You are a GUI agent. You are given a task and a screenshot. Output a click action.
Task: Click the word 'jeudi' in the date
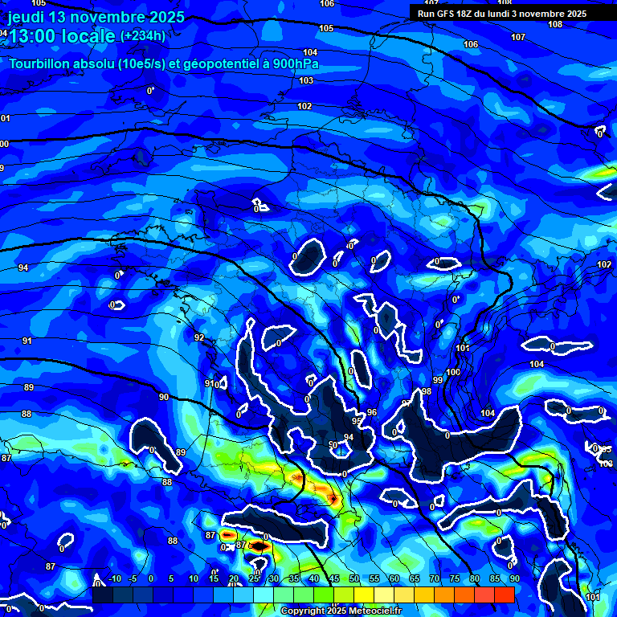tap(27, 18)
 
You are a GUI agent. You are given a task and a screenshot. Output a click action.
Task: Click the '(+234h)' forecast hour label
tap(143, 36)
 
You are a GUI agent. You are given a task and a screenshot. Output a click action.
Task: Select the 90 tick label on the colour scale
tap(514, 579)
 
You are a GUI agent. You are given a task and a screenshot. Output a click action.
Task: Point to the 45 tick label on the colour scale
tap(333, 579)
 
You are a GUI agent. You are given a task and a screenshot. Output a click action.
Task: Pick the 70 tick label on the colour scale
tap(434, 579)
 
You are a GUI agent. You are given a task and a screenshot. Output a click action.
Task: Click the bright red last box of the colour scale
tap(504, 595)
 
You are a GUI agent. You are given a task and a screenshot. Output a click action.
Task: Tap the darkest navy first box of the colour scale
tap(102, 595)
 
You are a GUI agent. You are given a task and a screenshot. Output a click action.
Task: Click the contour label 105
tap(326, 28)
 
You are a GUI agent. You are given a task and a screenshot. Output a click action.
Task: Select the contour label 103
tap(306, 81)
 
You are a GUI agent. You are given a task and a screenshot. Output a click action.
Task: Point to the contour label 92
tap(199, 338)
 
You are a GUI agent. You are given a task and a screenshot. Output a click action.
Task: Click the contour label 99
tap(438, 380)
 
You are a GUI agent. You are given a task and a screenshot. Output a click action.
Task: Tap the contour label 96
tap(371, 412)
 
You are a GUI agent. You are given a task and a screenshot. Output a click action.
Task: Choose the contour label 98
tap(427, 391)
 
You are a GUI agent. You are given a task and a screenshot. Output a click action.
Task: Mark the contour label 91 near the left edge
tap(27, 341)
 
